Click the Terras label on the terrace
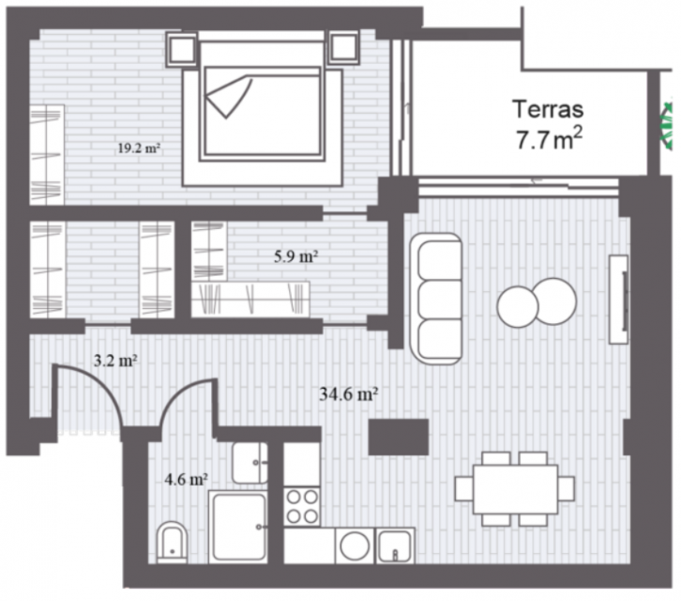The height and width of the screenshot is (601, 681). (x=548, y=109)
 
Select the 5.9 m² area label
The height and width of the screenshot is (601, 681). (x=295, y=256)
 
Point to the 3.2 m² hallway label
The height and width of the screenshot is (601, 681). (x=116, y=360)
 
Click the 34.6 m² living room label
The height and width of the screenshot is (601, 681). (x=348, y=394)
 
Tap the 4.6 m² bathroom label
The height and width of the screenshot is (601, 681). (x=186, y=479)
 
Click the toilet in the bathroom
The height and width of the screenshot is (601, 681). (x=172, y=542)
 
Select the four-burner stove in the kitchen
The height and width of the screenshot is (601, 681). (x=302, y=506)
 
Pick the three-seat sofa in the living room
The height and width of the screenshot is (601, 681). (x=436, y=299)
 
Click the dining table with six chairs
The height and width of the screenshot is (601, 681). (x=515, y=489)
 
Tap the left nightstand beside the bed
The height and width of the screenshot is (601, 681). (x=182, y=49)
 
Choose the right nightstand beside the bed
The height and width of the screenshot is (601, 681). (x=344, y=47)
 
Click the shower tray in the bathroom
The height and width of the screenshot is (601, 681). (x=238, y=527)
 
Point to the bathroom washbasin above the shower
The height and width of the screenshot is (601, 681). (x=250, y=463)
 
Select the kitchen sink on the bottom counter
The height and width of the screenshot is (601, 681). (x=394, y=546)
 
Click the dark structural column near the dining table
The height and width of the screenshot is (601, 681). (x=399, y=437)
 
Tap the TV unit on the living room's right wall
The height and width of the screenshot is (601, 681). (x=618, y=300)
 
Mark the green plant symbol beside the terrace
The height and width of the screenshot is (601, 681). (x=667, y=127)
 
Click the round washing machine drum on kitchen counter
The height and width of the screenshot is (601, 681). (x=355, y=546)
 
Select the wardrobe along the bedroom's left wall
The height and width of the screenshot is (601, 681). (x=47, y=155)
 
